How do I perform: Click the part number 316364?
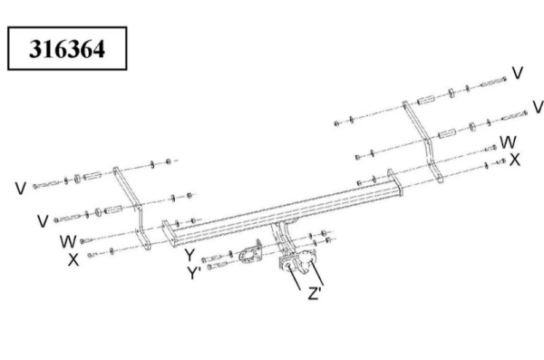67,49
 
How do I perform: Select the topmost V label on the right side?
518,73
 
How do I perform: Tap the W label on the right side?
508,142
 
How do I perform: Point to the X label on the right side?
514,160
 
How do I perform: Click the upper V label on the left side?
21,188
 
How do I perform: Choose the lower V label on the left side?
43,221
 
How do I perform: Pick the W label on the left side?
68,241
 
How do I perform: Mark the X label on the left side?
73,259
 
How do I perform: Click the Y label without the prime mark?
189,255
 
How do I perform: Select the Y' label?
194,273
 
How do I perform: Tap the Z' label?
315,293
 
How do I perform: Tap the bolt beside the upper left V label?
47,184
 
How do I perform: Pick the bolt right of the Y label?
211,258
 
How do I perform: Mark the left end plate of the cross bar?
169,233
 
